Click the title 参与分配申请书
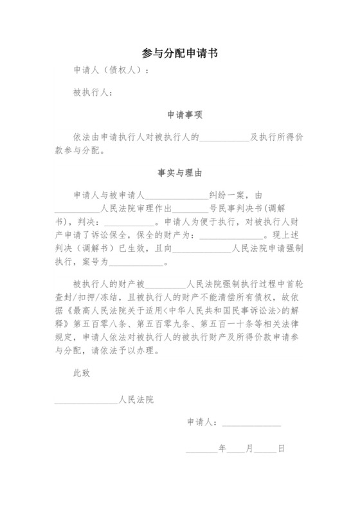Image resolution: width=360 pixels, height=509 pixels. (x=179, y=54)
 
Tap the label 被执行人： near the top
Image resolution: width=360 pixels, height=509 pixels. (x=93, y=94)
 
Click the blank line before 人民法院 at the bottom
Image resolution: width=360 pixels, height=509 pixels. (x=87, y=400)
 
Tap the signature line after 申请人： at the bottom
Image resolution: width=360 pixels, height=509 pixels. (x=251, y=423)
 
